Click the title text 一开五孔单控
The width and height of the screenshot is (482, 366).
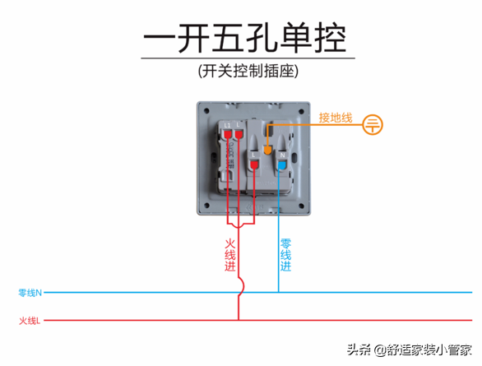tap(244, 38)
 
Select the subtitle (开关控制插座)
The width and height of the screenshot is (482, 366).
tap(246, 71)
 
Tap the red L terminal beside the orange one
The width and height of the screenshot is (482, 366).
tap(255, 164)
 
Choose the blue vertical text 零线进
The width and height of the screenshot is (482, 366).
tap(285, 256)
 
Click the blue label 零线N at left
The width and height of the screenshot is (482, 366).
tap(30, 292)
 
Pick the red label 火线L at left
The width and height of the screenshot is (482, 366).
tap(30, 320)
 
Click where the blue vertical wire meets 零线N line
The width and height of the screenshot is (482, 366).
tap(279, 292)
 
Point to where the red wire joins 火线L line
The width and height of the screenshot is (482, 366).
tap(239, 320)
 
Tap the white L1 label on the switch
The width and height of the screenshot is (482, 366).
tap(228, 123)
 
